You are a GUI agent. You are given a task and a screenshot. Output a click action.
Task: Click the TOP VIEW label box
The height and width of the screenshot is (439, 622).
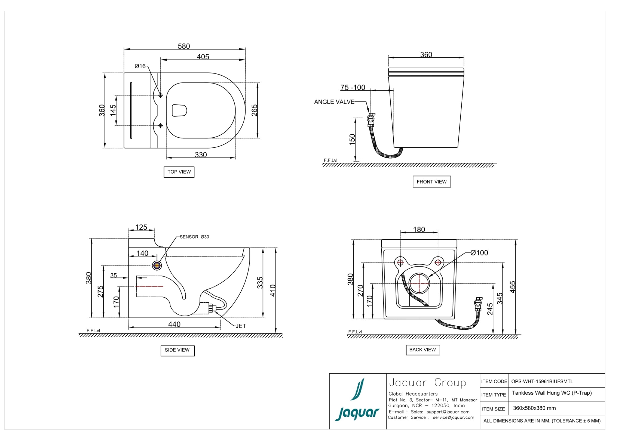pos(179,172)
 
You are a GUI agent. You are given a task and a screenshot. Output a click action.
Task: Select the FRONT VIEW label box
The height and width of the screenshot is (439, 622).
pos(431,182)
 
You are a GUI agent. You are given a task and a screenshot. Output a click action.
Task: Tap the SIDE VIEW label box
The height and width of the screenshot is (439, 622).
pos(177,350)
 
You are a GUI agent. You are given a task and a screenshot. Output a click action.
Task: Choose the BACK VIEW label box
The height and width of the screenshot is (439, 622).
pos(422,350)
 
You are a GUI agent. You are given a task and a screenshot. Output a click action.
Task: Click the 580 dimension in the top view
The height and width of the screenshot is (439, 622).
pos(184,46)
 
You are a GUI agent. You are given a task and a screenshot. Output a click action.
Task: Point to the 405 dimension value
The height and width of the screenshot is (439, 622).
pos(203,57)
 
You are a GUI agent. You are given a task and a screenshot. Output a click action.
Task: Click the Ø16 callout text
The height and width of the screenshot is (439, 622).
pos(140,66)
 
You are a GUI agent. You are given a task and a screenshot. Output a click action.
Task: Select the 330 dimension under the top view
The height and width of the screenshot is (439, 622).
pos(201,155)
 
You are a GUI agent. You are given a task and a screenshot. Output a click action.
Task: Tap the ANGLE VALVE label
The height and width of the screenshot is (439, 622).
pos(334,102)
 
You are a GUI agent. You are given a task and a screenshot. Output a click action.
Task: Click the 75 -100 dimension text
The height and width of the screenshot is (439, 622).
pos(352,87)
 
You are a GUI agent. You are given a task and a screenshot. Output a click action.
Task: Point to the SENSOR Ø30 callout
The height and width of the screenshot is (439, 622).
pos(194,237)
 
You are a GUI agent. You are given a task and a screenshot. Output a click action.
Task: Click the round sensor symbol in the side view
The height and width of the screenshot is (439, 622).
pos(157,265)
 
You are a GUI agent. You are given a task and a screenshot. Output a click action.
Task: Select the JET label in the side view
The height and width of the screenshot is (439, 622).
pos(241,326)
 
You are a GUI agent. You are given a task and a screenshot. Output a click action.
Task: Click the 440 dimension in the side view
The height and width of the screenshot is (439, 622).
pos(174,324)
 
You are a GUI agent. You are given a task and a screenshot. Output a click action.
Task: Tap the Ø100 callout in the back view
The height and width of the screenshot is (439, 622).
pos(479,253)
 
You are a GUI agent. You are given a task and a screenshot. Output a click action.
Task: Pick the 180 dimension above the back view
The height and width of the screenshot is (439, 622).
pos(419,229)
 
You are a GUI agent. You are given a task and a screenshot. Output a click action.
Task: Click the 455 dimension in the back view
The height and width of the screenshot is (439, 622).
pos(513,287)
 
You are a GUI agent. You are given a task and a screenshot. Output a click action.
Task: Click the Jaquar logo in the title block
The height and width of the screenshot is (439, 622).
pos(357,401)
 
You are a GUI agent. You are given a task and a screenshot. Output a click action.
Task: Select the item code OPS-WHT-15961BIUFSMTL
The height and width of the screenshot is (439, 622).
pos(542,381)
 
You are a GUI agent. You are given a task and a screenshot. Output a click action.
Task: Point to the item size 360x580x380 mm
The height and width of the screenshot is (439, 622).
pos(534,408)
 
